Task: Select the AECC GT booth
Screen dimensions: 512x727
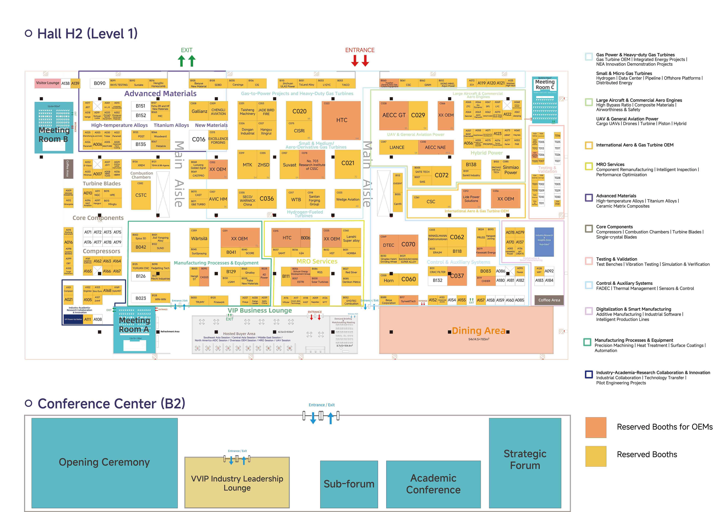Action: click(394, 115)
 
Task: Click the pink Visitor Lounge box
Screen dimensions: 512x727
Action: click(48, 83)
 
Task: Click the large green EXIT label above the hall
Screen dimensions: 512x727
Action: click(187, 50)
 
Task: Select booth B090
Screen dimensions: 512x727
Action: click(99, 83)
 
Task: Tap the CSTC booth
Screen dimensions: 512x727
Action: click(141, 195)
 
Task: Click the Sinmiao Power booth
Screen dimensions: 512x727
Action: click(510, 170)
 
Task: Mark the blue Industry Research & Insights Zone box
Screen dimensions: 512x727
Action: click(544, 242)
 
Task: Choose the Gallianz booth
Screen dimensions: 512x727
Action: click(199, 111)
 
